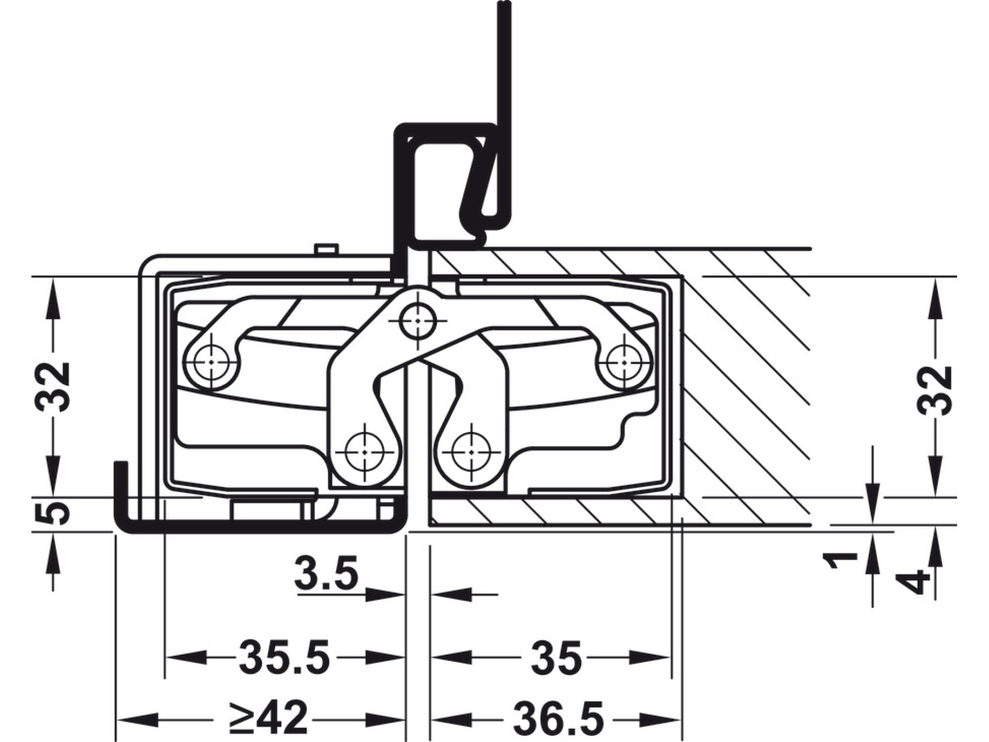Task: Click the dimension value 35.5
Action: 284,657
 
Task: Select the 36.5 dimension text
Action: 558,718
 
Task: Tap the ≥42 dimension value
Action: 269,718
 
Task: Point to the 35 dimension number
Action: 556,657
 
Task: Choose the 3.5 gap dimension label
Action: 326,573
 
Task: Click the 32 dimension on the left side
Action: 53,386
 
